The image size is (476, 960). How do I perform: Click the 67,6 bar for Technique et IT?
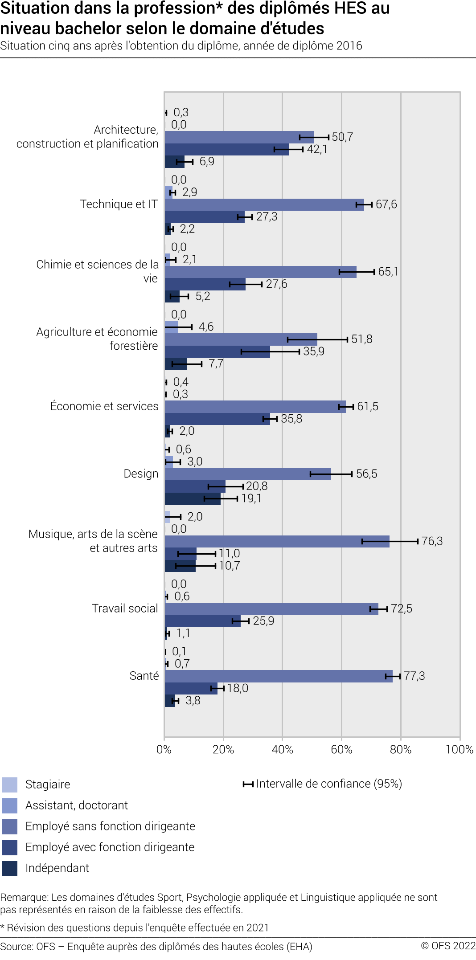[264, 204]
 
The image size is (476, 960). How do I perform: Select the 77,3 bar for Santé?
[278, 676]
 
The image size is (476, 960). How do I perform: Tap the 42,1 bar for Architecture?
[226, 149]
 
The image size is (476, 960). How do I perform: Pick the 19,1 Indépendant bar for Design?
[193, 498]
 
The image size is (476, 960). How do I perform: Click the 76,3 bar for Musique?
[276, 541]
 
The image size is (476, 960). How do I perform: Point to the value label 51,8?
[361, 339]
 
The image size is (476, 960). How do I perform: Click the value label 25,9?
[263, 621]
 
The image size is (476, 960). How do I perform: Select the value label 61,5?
[367, 407]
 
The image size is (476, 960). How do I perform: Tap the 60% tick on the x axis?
[341, 750]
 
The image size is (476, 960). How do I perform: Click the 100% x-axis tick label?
[459, 750]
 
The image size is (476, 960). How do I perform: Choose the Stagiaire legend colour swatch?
[9, 785]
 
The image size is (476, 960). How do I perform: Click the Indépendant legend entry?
[57, 868]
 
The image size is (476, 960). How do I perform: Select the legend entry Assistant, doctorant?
[76, 805]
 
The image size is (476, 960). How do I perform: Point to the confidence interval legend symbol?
[248, 784]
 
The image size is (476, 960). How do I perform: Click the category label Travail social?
[125, 609]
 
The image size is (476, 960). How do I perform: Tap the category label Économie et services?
[104, 406]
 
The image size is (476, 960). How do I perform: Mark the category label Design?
[141, 474]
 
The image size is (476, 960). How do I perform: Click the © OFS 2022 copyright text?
[448, 946]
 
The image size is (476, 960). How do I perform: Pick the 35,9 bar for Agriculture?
[217, 352]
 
